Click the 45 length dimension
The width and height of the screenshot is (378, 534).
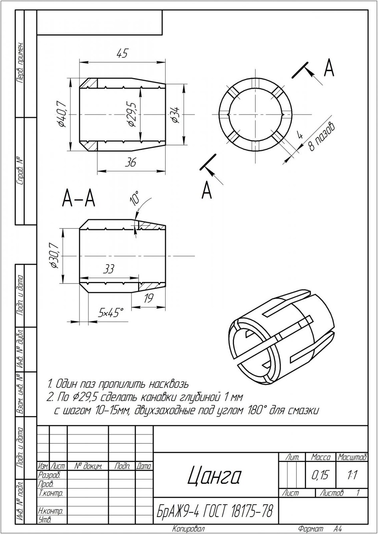(122, 54)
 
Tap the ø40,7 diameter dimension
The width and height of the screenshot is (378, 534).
(62, 114)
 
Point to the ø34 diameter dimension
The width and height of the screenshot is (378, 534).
(175, 114)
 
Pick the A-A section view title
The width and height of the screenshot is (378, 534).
(79, 199)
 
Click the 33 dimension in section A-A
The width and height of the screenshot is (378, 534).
(108, 269)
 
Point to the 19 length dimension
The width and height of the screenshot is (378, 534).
(148, 298)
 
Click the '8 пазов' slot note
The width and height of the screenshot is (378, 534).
(322, 136)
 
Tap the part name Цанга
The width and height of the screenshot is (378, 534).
(214, 475)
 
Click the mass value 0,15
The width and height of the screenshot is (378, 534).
(321, 475)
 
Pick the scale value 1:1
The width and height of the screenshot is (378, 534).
(352, 475)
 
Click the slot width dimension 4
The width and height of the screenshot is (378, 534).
(300, 135)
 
